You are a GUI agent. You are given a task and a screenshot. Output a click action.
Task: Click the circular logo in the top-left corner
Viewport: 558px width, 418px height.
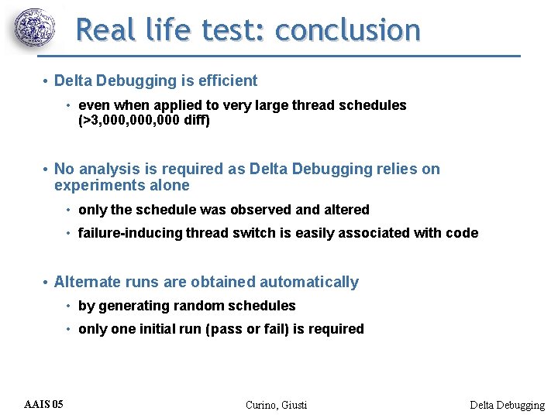[36, 29]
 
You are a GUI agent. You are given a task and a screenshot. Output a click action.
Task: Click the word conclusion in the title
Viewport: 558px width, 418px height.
[347, 30]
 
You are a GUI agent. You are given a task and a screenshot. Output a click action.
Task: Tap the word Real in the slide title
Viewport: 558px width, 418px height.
[105, 30]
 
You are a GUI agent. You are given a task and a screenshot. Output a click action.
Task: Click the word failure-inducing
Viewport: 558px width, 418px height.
[130, 233]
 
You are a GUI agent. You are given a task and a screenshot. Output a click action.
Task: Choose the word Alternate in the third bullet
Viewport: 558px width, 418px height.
[85, 282]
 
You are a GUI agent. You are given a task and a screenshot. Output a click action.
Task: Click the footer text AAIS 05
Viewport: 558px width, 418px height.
[44, 404]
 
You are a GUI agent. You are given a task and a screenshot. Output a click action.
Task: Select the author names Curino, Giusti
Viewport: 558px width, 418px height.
[276, 405]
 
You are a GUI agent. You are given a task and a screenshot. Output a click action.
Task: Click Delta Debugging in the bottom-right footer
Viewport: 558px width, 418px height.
[508, 405]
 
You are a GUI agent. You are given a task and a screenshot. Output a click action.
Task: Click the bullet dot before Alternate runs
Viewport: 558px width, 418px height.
[46, 283]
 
